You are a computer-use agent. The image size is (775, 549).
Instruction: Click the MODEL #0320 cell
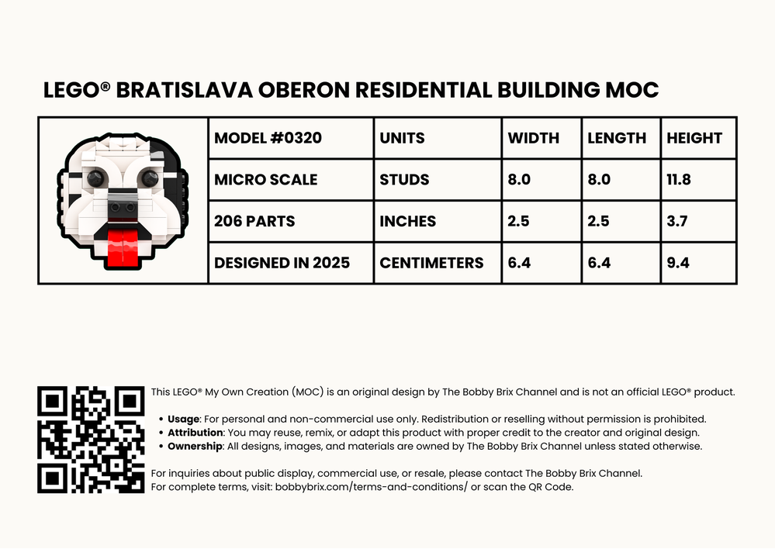[x=268, y=138]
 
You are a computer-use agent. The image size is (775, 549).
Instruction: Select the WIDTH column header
[x=533, y=138]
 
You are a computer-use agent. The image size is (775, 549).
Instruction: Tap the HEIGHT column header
[x=694, y=138]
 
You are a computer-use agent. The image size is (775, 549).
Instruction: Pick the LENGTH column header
[x=617, y=138]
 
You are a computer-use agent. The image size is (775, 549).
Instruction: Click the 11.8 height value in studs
[x=679, y=180]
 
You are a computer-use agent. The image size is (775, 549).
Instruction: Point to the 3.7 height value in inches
[x=676, y=221]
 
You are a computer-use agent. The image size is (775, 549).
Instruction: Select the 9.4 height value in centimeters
[x=678, y=263]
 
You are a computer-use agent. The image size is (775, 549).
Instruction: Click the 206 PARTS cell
[x=254, y=221]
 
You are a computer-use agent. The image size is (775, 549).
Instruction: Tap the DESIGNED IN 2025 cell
[x=282, y=263]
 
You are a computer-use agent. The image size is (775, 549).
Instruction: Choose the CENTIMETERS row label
[x=431, y=263]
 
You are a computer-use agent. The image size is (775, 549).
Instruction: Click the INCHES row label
[x=407, y=221]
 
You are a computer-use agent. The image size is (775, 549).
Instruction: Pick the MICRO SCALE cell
[x=265, y=180]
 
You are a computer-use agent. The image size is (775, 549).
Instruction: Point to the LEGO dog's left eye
[x=96, y=178]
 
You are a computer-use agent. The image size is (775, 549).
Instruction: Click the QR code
[x=91, y=440]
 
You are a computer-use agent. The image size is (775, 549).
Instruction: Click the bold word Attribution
[x=195, y=433]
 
